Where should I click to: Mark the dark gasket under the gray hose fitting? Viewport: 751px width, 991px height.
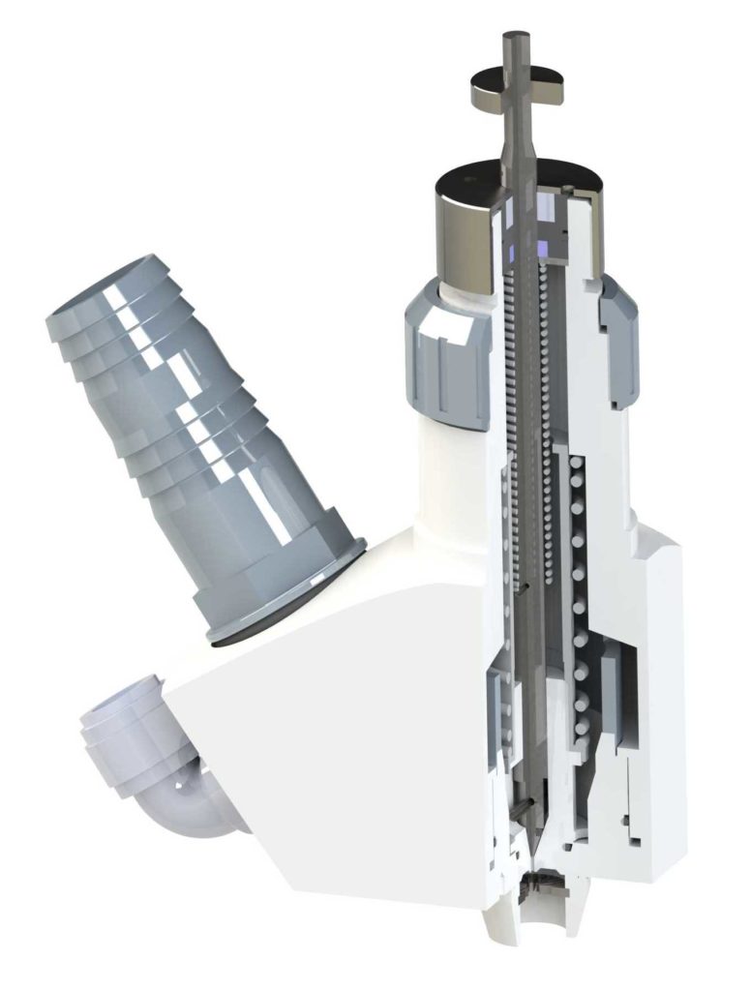tap(290, 619)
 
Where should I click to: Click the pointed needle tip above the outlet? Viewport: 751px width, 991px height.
tap(530, 852)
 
